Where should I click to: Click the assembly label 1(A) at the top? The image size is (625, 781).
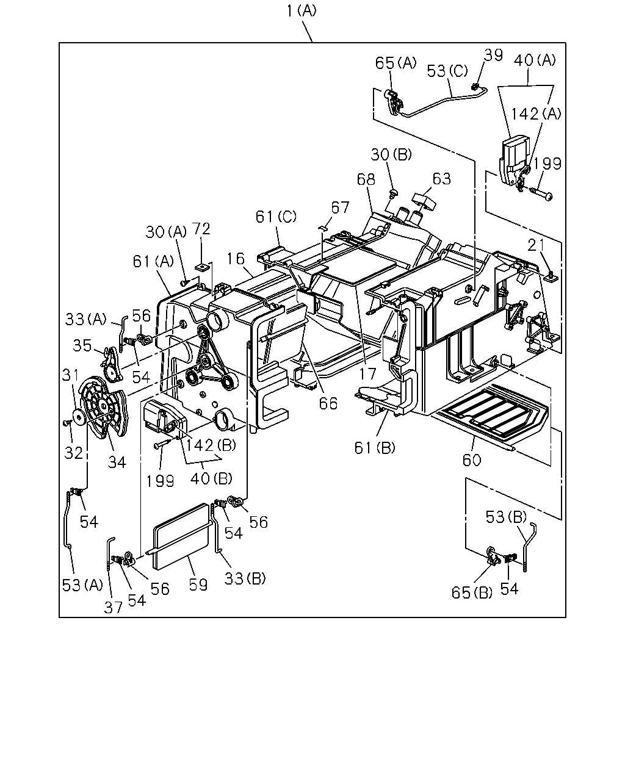[x=302, y=11]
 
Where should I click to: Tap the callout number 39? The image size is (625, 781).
[x=493, y=55]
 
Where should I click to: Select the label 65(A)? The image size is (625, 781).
[x=396, y=63]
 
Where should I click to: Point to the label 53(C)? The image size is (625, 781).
[x=447, y=71]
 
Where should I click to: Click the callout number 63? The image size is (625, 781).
[x=442, y=179]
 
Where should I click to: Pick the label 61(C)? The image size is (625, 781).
[x=276, y=217]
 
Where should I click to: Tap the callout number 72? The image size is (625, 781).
[x=201, y=229]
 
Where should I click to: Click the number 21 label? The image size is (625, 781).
[x=536, y=246]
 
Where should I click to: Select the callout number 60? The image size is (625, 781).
[x=472, y=460]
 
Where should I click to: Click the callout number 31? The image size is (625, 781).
[x=70, y=375]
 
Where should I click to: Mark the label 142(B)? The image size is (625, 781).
[x=211, y=445]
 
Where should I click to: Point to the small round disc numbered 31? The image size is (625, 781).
[x=79, y=416]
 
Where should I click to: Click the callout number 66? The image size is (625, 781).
[x=328, y=403]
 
